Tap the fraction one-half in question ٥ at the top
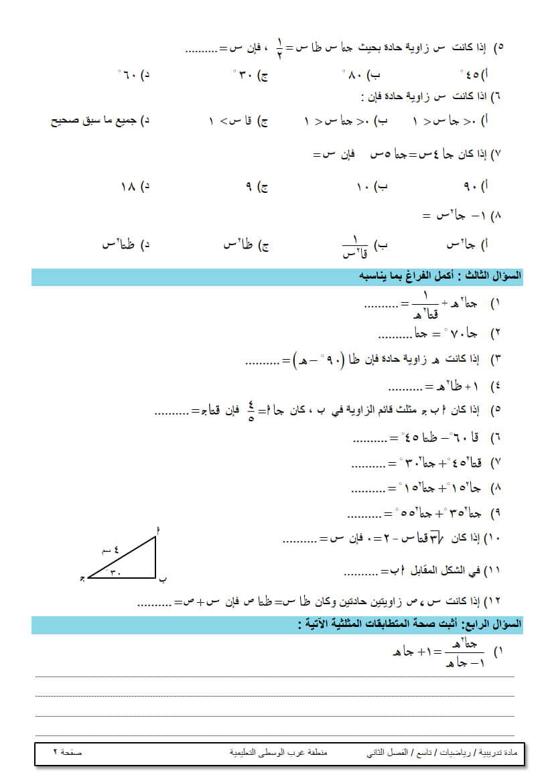279,48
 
